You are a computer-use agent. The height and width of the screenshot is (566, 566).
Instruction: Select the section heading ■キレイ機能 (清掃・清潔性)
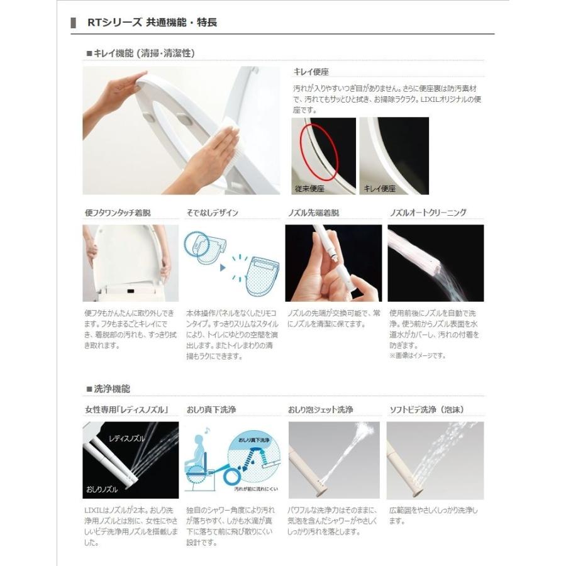(x=140, y=53)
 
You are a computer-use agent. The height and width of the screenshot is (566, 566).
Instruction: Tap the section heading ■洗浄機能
(x=108, y=389)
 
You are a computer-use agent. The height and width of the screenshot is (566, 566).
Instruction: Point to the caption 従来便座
(x=310, y=188)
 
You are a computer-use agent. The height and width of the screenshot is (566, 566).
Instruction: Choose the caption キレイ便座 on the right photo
(x=380, y=188)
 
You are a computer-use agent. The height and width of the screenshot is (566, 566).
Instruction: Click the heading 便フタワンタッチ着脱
(x=118, y=213)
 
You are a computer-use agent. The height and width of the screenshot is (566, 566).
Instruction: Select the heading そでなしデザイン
(x=212, y=213)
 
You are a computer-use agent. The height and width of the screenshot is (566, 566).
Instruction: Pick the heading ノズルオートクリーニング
(x=428, y=213)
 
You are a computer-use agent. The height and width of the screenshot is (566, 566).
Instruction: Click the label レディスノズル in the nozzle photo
(x=126, y=438)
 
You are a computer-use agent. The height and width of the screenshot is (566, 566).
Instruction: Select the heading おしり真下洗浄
(x=211, y=410)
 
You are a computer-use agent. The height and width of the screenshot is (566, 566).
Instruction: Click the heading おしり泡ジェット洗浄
(x=320, y=410)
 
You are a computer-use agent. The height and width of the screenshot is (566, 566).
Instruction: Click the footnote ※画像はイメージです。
(x=417, y=355)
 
